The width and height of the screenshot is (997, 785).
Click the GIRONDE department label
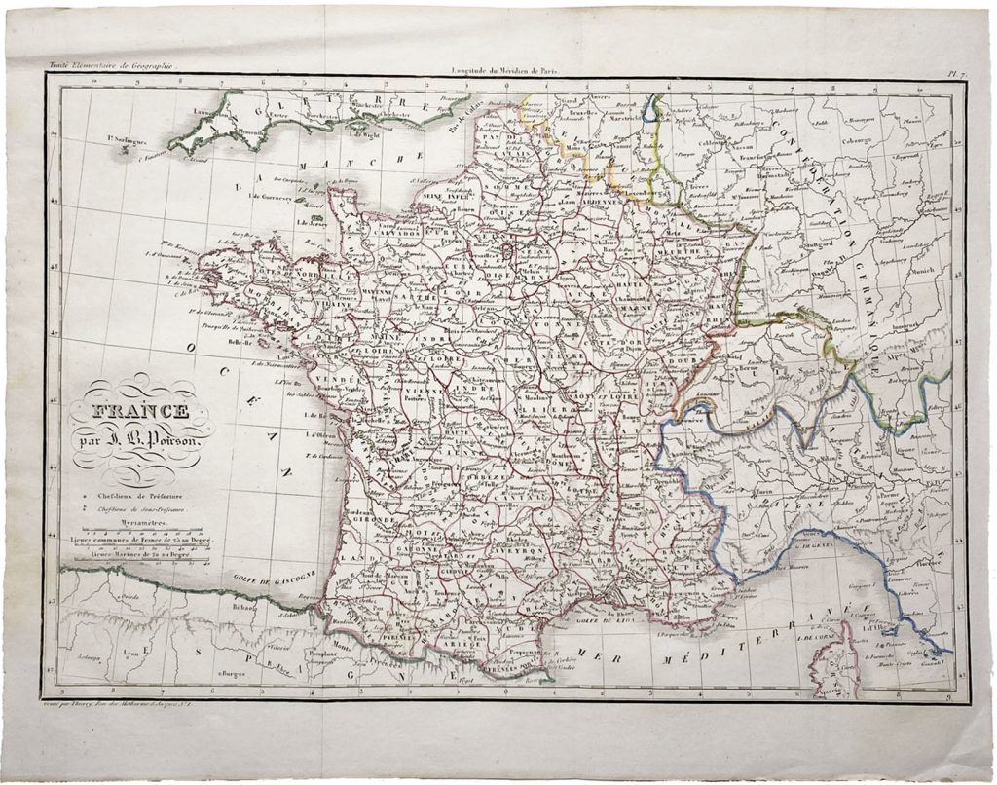pyautogui.click(x=376, y=522)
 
